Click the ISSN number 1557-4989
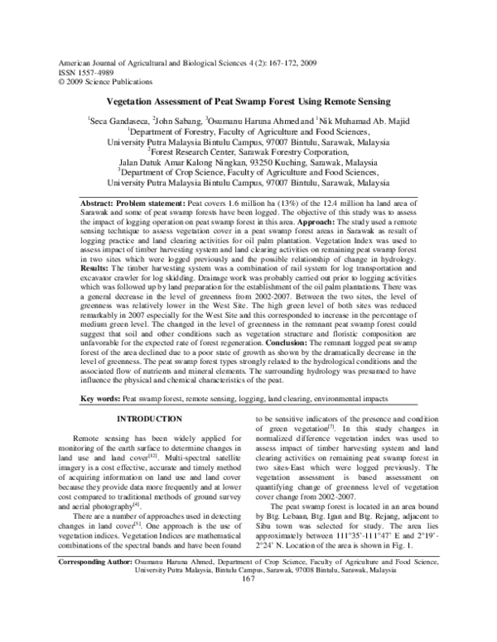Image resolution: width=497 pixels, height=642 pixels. [88, 72]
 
